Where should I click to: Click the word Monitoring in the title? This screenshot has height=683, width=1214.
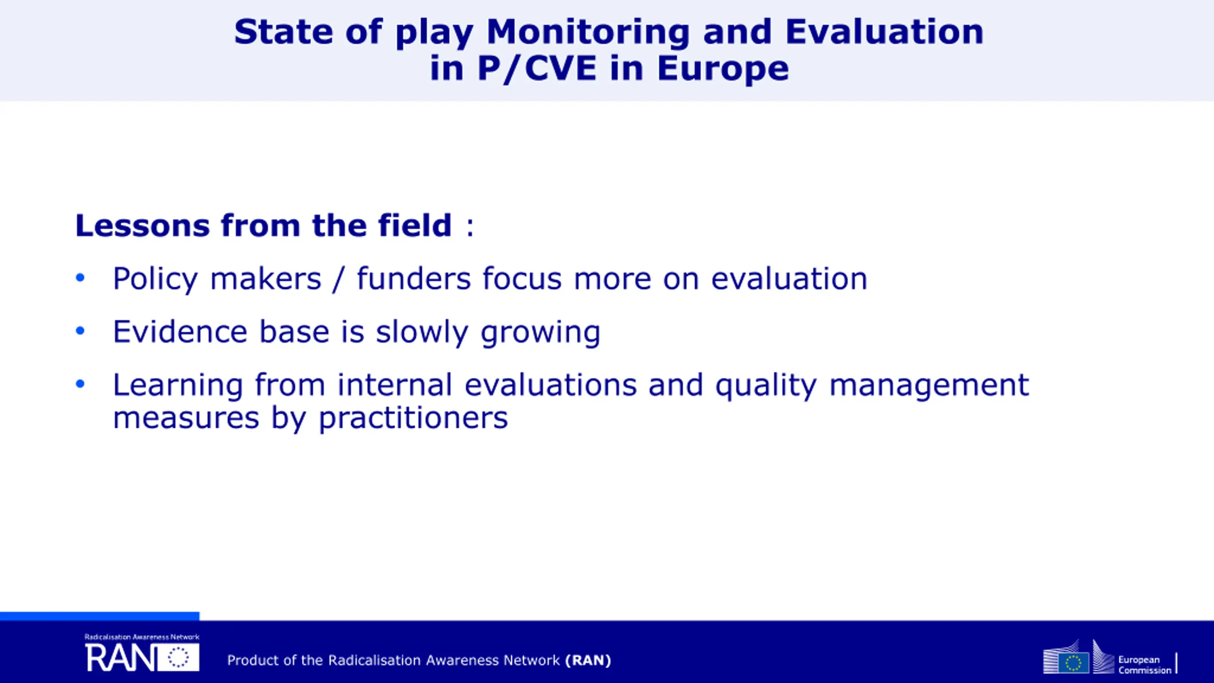click(x=588, y=32)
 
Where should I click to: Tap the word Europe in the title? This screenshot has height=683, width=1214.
click(x=723, y=69)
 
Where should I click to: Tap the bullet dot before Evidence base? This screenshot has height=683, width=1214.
click(x=80, y=331)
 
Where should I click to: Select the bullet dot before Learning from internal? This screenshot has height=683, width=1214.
click(x=80, y=384)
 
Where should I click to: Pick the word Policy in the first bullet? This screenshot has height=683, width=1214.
click(x=155, y=279)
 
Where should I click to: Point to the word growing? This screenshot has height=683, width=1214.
click(x=541, y=333)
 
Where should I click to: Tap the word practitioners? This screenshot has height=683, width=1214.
click(x=413, y=419)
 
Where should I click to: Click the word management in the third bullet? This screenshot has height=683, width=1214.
click(x=929, y=386)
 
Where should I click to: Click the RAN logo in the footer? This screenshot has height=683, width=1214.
click(x=142, y=653)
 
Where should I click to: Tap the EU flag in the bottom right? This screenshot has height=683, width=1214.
click(x=1074, y=662)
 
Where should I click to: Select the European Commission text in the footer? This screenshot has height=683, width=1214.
click(x=1144, y=665)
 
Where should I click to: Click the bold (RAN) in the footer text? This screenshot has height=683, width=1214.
click(x=588, y=660)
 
